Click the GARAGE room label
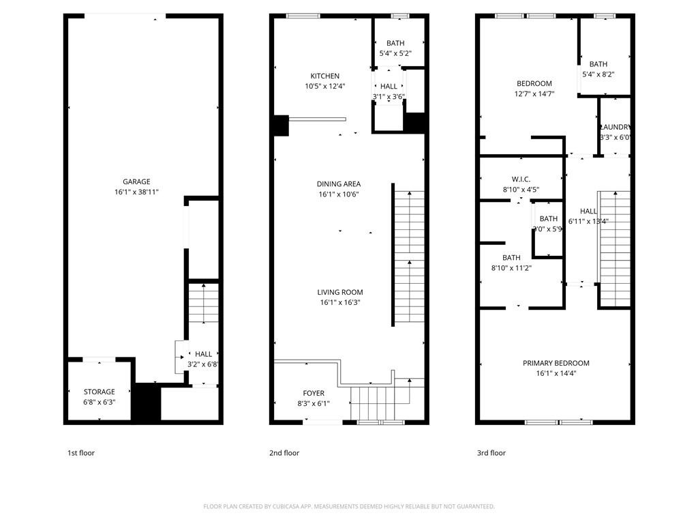(136, 181)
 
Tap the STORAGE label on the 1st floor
(100, 392)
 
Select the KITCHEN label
(324, 76)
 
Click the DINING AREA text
(339, 184)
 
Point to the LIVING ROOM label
(339, 292)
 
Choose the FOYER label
(314, 393)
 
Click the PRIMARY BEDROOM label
(556, 363)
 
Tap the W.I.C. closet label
(521, 179)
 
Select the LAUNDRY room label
(615, 127)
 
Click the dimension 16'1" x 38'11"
(136, 192)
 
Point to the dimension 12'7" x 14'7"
(534, 94)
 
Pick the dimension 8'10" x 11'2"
(511, 268)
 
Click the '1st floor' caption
(80, 453)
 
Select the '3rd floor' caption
(491, 453)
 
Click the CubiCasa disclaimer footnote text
(349, 506)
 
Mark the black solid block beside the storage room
(145, 403)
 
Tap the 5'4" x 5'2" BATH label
(395, 43)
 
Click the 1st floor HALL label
(203, 354)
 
